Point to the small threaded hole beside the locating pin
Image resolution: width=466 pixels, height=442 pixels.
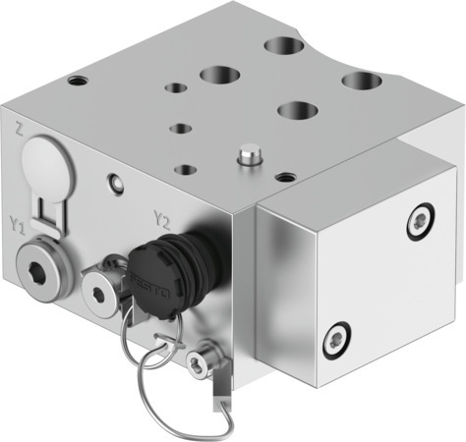tap(285, 178)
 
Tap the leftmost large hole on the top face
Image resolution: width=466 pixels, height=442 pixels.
tap(216, 74)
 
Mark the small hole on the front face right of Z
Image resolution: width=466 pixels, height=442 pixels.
tap(117, 182)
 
